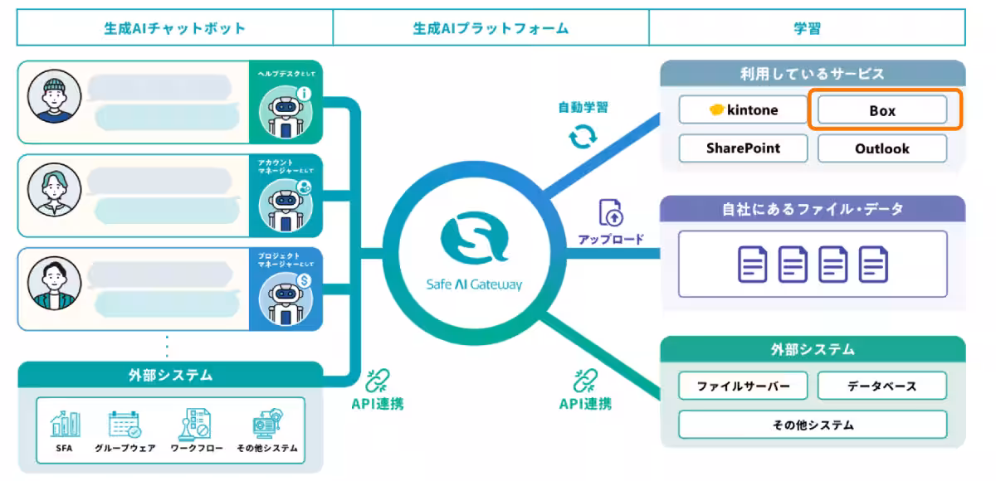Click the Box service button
(882, 110)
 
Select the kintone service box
(743, 110)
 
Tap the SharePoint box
(743, 148)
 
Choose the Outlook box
(882, 148)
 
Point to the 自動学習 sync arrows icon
(583, 136)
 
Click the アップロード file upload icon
(611, 213)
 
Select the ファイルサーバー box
(743, 386)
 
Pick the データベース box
(882, 386)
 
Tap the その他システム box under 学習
(813, 425)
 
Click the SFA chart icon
(66, 424)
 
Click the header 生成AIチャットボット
(174, 28)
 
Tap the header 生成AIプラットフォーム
(491, 28)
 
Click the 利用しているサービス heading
(813, 74)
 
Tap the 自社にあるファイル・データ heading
(813, 209)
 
